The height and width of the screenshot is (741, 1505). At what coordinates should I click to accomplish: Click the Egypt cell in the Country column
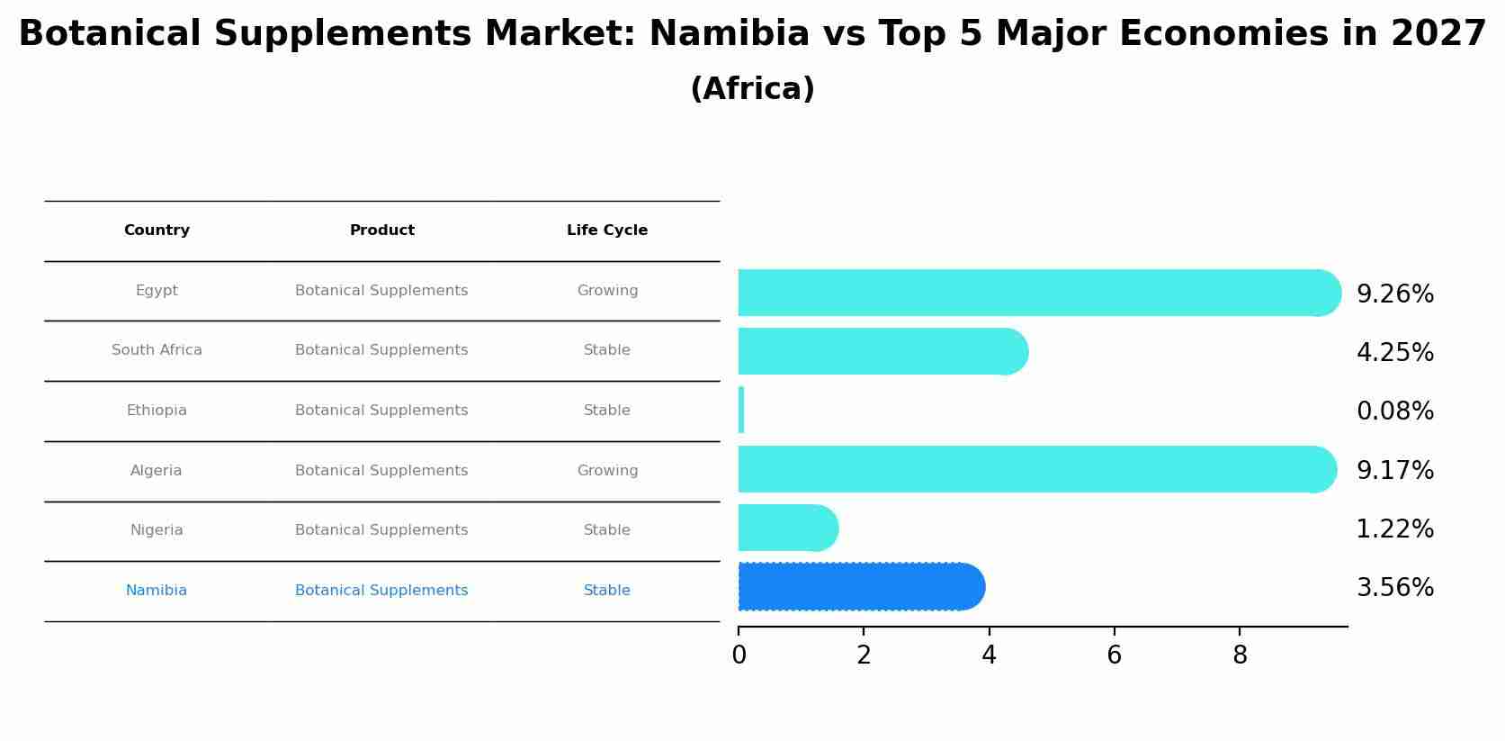(x=157, y=291)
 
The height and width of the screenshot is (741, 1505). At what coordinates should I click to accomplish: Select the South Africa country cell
(x=157, y=350)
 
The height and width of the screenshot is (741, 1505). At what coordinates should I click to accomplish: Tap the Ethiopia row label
(x=157, y=411)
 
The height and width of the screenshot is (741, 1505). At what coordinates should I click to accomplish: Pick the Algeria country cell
(x=156, y=471)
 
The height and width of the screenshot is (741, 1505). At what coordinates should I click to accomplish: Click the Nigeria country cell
(x=157, y=530)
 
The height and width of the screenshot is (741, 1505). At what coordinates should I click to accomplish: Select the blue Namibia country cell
(x=157, y=591)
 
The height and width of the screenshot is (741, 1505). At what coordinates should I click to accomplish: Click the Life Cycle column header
(x=607, y=230)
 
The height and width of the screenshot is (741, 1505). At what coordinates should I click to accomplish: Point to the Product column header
(x=382, y=230)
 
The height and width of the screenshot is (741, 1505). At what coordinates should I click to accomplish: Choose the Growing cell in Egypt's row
(x=607, y=291)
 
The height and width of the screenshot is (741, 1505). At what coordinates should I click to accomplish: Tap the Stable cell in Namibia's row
(x=607, y=591)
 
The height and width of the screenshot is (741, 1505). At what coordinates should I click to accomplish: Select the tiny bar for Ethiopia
(x=741, y=411)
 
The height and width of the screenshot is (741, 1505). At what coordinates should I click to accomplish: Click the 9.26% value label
(x=1394, y=294)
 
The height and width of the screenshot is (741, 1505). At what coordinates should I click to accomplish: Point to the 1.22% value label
(x=1394, y=529)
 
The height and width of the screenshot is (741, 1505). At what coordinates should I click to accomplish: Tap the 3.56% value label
(x=1394, y=588)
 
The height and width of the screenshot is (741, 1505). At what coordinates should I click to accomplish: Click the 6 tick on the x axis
(x=1114, y=655)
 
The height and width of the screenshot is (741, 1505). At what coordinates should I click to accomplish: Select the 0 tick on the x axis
(x=739, y=655)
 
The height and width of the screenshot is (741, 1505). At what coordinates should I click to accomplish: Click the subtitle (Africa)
(x=752, y=89)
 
